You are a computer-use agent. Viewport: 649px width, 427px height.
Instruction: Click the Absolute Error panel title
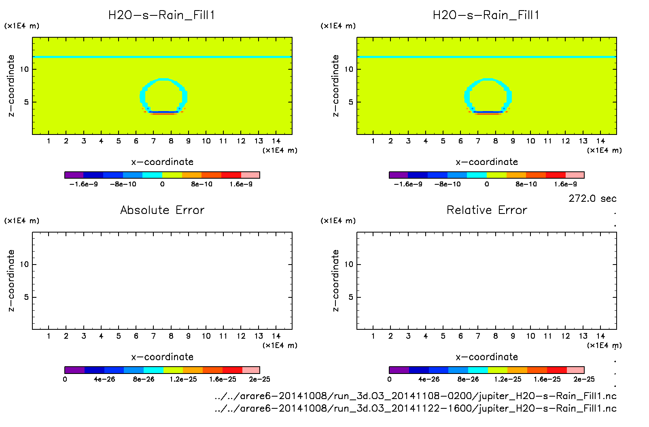coord(162,210)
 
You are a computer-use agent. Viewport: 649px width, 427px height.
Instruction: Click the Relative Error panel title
coord(487,210)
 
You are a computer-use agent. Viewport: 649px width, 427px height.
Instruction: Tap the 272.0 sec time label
coord(592,199)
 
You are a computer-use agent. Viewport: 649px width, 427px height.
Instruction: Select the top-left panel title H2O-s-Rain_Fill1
coord(161,15)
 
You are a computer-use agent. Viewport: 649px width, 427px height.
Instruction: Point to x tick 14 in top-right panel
coord(600,141)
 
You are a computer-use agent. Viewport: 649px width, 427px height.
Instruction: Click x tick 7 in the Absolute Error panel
coord(153,336)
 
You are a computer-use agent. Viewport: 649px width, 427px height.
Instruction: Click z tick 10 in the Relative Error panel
coord(349,264)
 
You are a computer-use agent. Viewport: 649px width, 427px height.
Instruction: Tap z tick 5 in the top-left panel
coord(26,102)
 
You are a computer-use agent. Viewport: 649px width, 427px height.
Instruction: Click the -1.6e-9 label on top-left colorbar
coord(84,184)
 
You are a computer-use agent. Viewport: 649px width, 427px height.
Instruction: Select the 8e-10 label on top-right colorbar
coord(526,184)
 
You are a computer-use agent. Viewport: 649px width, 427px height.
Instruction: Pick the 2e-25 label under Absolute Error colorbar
coord(259,379)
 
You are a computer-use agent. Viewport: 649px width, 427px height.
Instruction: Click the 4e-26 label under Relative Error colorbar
coord(429,379)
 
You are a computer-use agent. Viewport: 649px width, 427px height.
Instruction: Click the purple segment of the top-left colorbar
coord(74,175)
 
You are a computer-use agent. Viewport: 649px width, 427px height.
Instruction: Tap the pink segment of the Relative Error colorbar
coord(575,370)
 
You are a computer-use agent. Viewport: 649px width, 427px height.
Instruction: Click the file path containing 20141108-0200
coord(416,396)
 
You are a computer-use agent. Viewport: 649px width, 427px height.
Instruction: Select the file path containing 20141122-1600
coord(416,408)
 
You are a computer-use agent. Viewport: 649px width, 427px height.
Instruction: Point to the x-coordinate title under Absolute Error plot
coord(162,357)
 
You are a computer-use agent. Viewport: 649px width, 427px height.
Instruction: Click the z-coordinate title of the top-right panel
coord(335,86)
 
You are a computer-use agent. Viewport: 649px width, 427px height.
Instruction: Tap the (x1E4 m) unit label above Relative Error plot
coord(338,221)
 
